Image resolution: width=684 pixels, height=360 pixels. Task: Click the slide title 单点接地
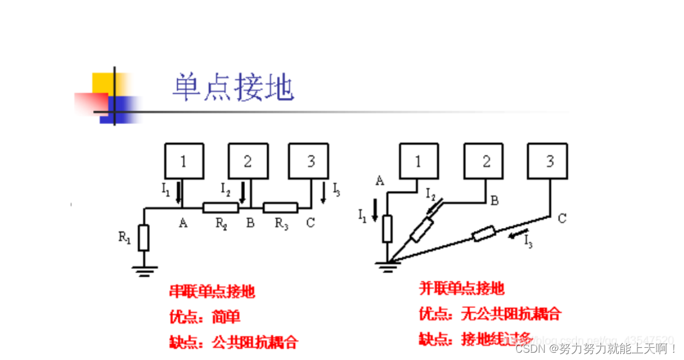coord(233,88)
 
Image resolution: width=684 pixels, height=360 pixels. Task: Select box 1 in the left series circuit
coord(184,161)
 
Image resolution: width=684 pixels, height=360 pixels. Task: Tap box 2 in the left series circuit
coord(248,161)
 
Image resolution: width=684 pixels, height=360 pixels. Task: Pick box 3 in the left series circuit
coord(308,161)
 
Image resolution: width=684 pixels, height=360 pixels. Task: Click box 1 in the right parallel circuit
coord(418,161)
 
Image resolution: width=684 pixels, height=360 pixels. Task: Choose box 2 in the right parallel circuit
coord(483,161)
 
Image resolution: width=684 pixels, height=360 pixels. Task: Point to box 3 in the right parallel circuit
coord(547,161)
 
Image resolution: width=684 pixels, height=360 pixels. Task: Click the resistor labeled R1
coord(143,237)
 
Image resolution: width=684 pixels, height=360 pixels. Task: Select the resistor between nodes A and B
coord(221,208)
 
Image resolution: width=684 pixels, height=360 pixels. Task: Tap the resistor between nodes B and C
coord(281,208)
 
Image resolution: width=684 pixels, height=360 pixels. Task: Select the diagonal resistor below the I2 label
coord(421,229)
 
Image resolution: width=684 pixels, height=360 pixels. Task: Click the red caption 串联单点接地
coord(212,292)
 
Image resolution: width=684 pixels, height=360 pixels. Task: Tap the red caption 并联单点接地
coord(462,288)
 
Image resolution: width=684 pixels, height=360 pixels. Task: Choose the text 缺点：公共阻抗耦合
coord(233,342)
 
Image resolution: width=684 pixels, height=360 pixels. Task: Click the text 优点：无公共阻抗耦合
coord(490,313)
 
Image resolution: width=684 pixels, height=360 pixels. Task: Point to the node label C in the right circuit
coord(562,218)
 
